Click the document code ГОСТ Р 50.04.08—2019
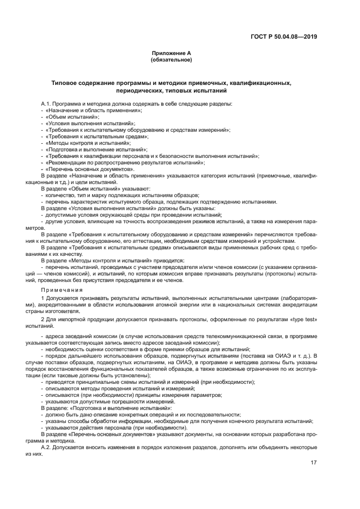point(286,38)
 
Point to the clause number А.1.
point(47,104)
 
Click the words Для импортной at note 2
point(64,318)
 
